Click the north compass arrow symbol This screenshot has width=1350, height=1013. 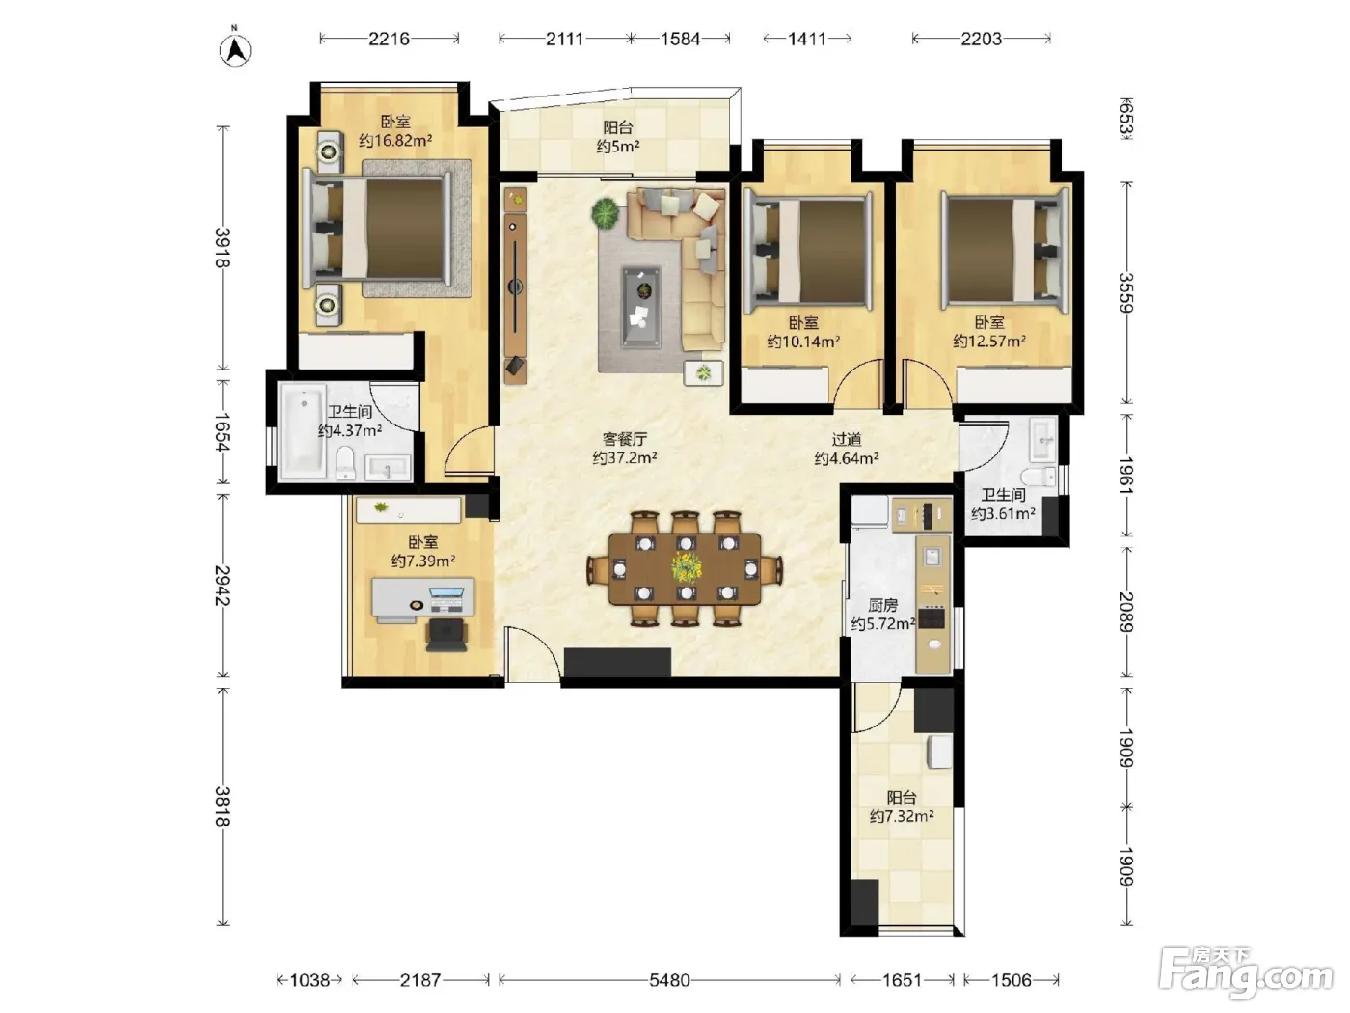235,49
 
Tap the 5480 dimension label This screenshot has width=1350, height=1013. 669,980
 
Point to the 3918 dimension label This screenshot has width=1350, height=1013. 222,248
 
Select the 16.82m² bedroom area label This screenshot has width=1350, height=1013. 395,141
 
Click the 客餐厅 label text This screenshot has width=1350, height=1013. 624,439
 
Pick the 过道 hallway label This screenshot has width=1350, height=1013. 847,439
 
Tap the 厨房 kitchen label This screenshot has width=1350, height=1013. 882,605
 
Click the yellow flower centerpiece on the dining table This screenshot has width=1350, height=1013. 686,567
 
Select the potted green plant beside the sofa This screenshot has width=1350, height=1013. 607,213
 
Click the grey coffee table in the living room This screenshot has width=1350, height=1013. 641,306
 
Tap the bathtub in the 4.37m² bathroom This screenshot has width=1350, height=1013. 302,431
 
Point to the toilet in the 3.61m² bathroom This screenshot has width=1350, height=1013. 1039,477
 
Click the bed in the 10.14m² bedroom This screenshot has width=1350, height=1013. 808,251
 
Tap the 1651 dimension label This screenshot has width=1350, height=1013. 902,980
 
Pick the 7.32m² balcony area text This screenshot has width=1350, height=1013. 902,816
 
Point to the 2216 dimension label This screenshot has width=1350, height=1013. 389,39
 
